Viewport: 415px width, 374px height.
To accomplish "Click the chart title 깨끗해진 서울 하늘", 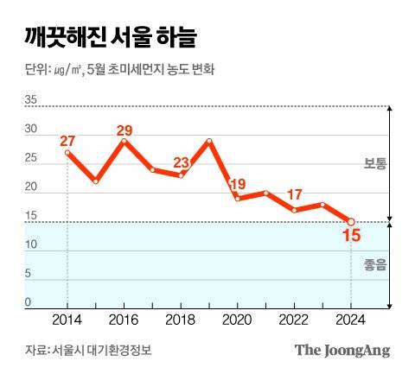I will click(x=110, y=38).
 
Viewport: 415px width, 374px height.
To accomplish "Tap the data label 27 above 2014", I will click(x=68, y=141).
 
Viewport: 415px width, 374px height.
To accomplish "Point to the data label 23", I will click(x=181, y=162).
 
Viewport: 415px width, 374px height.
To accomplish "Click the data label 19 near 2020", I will click(x=237, y=184).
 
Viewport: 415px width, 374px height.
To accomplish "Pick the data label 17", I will click(x=294, y=194).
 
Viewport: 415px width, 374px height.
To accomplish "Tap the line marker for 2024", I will click(x=350, y=222).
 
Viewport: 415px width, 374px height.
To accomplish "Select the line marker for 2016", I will click(x=124, y=140).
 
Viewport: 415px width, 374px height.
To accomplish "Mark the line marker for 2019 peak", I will click(x=209, y=140).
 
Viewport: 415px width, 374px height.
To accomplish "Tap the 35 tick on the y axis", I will click(x=31, y=100).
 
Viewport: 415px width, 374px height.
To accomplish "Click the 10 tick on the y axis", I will click(x=31, y=245).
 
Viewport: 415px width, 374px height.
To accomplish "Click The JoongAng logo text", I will click(x=342, y=350).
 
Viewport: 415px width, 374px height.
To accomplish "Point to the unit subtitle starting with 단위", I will click(x=120, y=70).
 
